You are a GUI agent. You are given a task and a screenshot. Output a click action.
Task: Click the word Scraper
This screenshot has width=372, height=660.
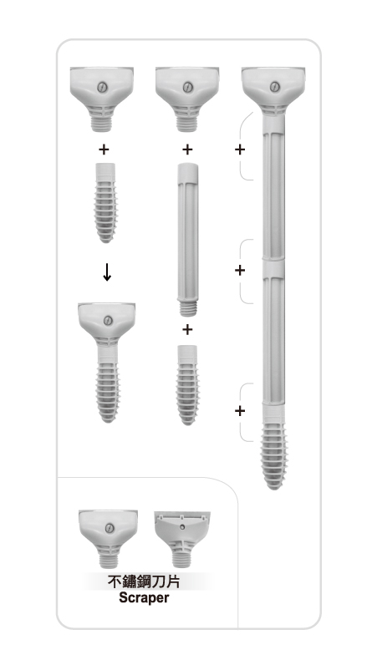[144, 597]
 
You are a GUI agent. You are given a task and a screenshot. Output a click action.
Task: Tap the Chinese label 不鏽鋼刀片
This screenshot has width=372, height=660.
[144, 581]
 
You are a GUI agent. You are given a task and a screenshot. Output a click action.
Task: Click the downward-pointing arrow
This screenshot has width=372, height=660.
[107, 272]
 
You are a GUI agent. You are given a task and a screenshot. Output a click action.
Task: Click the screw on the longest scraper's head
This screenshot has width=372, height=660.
[274, 87]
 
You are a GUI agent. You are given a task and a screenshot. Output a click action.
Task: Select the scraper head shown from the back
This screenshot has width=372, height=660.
[182, 539]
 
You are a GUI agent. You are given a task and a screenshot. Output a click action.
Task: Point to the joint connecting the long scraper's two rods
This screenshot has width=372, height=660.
[273, 268]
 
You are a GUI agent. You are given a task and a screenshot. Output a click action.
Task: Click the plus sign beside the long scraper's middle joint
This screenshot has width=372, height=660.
[240, 270]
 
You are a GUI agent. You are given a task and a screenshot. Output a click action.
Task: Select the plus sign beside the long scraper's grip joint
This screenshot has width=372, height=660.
[240, 410]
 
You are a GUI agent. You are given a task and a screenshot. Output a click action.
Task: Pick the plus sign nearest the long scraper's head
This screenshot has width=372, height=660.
[240, 149]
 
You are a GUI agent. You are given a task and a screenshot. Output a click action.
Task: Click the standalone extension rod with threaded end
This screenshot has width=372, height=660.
[187, 240]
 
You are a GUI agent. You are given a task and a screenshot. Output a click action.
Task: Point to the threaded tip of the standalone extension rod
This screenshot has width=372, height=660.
[188, 308]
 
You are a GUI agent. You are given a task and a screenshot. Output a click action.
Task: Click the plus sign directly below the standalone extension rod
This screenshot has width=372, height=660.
[187, 329]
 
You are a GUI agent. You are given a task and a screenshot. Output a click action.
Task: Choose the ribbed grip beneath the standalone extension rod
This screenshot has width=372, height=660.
[187, 385]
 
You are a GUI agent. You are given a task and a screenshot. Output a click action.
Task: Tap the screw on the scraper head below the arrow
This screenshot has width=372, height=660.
[108, 321]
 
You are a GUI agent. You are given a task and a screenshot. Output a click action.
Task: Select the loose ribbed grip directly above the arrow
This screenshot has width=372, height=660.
[105, 203]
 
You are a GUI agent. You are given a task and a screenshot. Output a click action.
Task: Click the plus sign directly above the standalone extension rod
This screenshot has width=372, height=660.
[187, 149]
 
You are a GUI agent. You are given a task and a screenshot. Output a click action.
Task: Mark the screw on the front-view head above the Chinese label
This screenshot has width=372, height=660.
[110, 528]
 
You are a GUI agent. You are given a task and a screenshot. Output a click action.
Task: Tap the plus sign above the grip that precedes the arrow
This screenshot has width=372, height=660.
[104, 149]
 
